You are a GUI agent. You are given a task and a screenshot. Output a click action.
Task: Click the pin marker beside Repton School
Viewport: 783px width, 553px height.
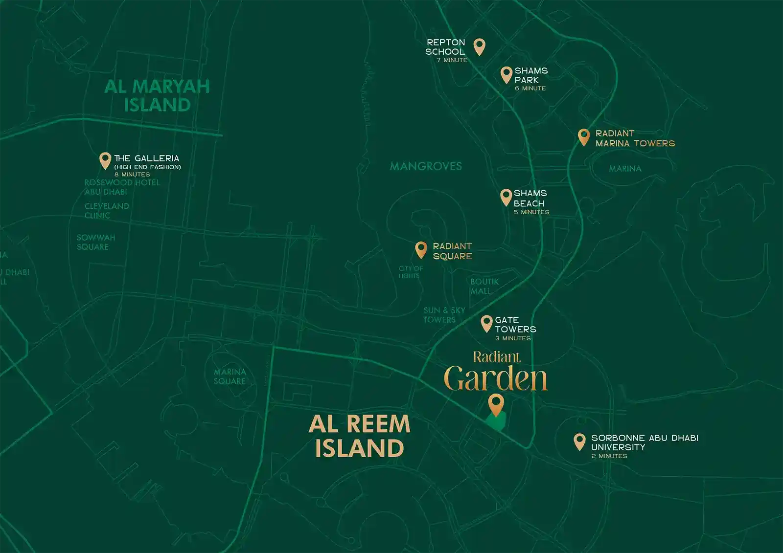point(480,46)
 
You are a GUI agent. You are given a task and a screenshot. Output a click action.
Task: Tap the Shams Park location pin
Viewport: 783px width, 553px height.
point(507,74)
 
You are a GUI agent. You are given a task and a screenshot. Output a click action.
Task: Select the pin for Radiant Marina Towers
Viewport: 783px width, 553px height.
point(583,136)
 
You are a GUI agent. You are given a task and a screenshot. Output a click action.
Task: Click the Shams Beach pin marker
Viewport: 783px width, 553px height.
point(506,197)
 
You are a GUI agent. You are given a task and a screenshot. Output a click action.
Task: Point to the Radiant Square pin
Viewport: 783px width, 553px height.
point(421,249)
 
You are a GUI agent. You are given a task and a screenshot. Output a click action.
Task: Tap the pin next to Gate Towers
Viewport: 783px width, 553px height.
point(486,323)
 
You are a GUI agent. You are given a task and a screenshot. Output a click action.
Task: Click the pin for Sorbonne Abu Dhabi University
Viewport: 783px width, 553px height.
point(579,441)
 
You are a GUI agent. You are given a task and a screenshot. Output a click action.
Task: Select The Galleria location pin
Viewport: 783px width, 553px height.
point(105,160)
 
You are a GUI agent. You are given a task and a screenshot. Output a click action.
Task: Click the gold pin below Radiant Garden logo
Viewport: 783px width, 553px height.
point(496,404)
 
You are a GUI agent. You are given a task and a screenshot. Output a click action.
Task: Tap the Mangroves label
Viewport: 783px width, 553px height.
point(426,166)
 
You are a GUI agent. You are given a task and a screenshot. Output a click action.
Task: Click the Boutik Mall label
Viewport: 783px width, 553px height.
point(484,286)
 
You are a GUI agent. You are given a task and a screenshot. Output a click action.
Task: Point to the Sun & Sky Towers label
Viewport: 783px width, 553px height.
point(444,315)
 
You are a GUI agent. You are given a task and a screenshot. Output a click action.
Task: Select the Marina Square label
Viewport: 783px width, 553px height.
point(230,376)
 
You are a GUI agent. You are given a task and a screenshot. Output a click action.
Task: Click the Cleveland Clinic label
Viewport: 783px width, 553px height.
point(107,211)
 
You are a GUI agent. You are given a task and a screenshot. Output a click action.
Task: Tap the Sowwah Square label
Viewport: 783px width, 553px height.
point(96,242)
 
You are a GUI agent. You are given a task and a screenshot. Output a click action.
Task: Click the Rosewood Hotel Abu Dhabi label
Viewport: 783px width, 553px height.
point(122,187)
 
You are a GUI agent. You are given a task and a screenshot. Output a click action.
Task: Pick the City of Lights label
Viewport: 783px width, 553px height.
point(410,272)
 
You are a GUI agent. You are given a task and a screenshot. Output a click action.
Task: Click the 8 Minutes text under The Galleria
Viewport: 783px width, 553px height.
point(132,175)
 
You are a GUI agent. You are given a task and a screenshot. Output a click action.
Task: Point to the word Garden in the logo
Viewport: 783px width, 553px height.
point(495,379)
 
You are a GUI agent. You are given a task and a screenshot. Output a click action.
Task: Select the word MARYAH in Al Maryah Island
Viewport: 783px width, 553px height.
point(171,87)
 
